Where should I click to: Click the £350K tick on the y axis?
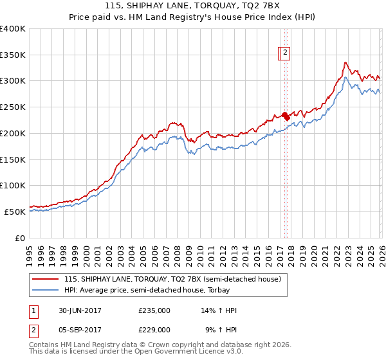pyautogui.click(x=13, y=55)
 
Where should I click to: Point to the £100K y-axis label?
pyautogui.click(x=13, y=185)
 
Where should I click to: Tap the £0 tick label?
pyautogui.click(x=20, y=238)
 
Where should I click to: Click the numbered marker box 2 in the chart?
pyautogui.click(x=285, y=54)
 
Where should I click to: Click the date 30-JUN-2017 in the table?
pyautogui.click(x=79, y=310)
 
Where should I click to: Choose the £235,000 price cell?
pyautogui.click(x=154, y=310)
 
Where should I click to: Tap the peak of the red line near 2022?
pyautogui.click(x=345, y=62)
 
